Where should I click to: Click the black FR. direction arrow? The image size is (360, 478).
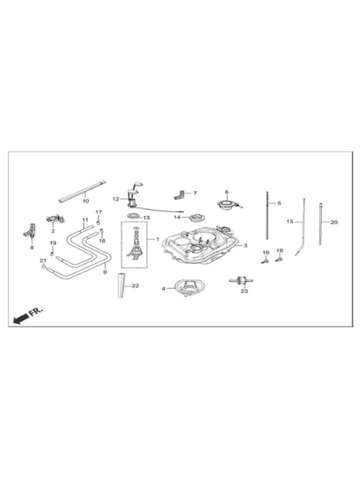tap(21, 319)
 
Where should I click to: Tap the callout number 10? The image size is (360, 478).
tap(86, 201)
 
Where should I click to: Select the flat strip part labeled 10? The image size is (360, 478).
tap(82, 191)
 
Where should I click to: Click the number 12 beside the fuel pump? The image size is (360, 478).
tap(116, 199)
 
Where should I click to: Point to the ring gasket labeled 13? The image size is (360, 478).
tap(133, 216)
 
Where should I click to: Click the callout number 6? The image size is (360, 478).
tap(227, 191)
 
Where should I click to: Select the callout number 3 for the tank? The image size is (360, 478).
tap(245, 245)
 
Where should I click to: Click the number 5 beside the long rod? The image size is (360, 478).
tap(279, 203)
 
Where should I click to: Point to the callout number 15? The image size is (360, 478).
tap(290, 221)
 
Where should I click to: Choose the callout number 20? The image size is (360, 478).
tap(334, 222)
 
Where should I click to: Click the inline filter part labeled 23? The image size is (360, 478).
tap(241, 280)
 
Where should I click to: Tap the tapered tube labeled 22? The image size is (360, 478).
tap(121, 285)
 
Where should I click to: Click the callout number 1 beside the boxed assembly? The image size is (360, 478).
tap(157, 239)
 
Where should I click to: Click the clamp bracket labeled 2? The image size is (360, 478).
tap(55, 220)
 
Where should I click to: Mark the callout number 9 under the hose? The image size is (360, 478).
tap(105, 272)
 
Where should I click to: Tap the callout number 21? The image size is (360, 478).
tap(43, 260)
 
